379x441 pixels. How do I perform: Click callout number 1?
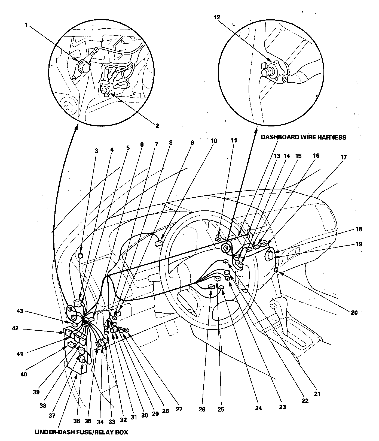click(26, 25)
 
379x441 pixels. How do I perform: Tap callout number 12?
click(217, 17)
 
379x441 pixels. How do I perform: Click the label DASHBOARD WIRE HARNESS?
click(303, 137)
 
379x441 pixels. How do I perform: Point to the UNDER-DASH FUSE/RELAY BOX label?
click(81, 432)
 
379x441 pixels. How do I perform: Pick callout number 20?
click(354, 313)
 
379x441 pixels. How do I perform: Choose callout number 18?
click(359, 229)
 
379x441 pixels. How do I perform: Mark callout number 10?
click(214, 141)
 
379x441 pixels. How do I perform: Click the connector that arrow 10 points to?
click(158, 243)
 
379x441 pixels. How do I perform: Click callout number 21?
click(317, 394)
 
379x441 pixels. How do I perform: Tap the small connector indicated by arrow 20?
click(276, 270)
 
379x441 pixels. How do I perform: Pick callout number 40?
click(24, 374)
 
